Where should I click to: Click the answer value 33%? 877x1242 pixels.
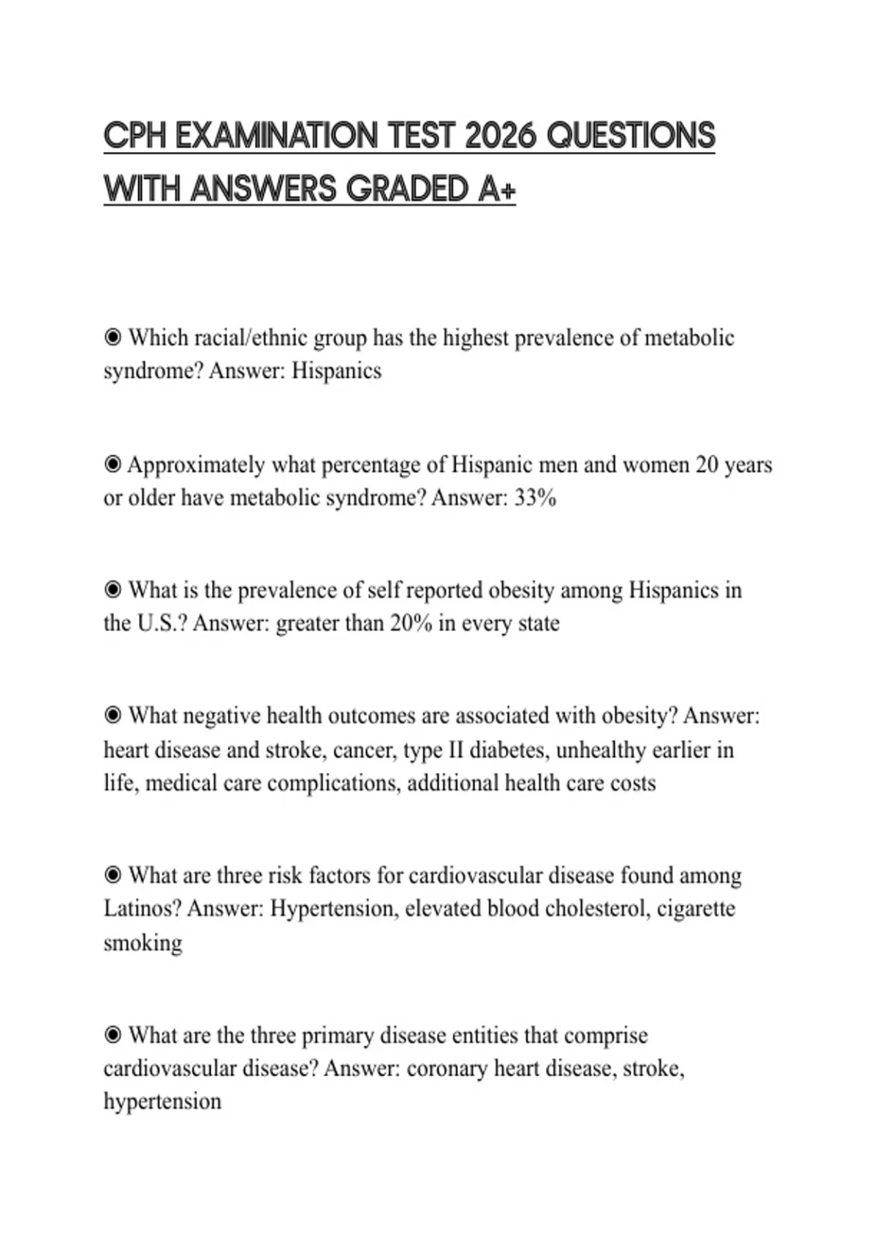[x=536, y=498]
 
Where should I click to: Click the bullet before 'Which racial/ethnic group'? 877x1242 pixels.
[x=113, y=338]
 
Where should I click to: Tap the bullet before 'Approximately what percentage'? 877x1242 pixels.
[x=113, y=464]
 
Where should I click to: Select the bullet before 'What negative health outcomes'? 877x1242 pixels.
[x=113, y=715]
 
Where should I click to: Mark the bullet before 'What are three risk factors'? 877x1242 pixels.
[x=113, y=875]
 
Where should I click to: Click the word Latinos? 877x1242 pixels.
[x=142, y=909]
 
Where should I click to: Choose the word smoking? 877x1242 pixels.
[x=143, y=943]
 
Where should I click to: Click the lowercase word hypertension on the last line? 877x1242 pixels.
[x=162, y=1102]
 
